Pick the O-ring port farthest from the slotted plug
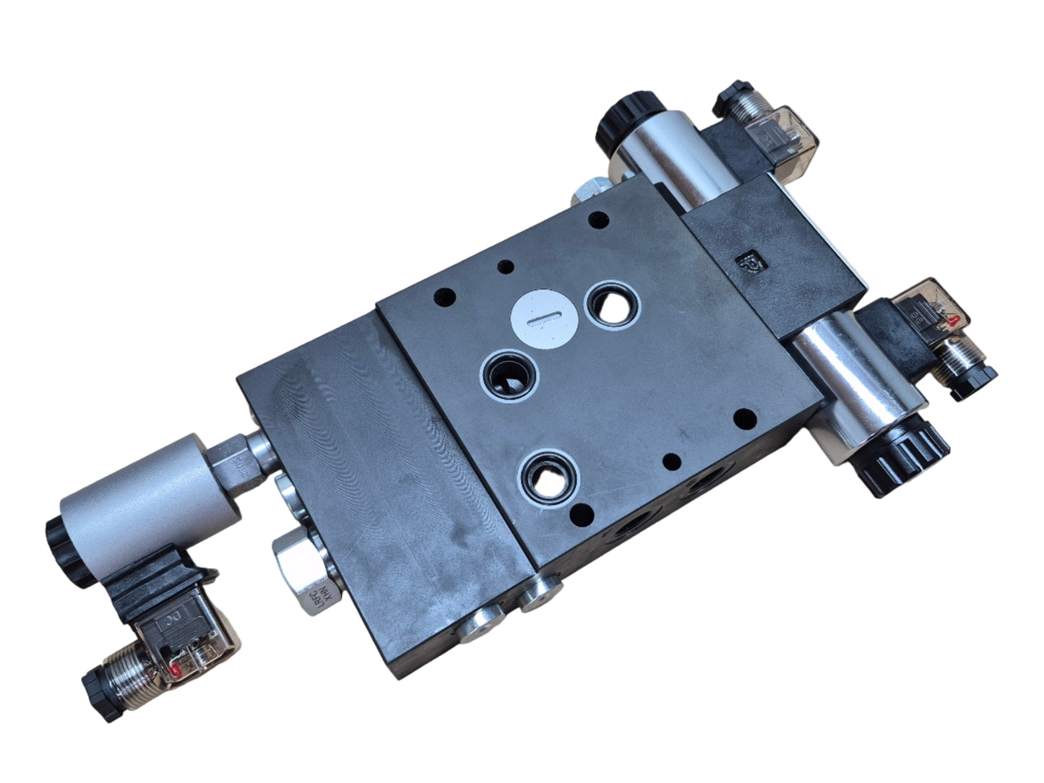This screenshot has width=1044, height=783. tap(553, 477)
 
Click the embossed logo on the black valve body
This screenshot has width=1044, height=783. tap(745, 261)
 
